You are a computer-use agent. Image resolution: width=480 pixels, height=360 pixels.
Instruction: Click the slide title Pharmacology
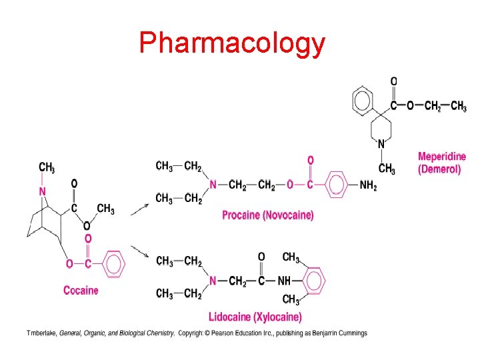(x=232, y=43)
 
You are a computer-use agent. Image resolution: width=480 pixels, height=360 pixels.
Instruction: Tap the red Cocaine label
(x=81, y=290)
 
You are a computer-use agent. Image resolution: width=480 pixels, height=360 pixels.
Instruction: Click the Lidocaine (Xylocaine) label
(x=255, y=317)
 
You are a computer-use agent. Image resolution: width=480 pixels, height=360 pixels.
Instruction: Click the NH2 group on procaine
(x=368, y=185)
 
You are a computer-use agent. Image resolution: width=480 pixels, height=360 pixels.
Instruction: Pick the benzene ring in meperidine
(x=363, y=101)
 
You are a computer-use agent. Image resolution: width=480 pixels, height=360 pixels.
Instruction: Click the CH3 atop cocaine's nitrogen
(x=46, y=167)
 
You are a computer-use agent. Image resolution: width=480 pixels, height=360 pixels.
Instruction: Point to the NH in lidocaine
(x=284, y=281)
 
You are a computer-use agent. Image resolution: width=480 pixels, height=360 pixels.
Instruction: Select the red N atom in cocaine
(x=43, y=192)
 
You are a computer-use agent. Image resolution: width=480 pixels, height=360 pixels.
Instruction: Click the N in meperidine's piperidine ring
(x=381, y=143)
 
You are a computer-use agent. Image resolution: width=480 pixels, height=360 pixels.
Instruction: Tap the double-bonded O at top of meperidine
(x=393, y=81)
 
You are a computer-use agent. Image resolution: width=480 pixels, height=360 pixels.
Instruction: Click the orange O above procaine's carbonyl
(x=310, y=160)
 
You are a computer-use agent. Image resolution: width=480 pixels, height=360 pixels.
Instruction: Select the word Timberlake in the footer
(x=41, y=333)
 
